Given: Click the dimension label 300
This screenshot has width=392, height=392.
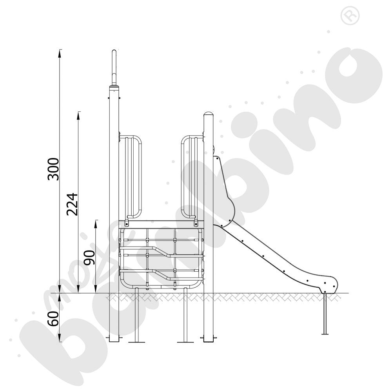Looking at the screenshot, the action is tap(53, 169).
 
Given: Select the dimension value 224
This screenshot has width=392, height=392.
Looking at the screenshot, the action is tap(72, 204).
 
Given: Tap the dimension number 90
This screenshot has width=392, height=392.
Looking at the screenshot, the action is tap(89, 258).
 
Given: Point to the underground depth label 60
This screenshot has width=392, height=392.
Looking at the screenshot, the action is tap(53, 318).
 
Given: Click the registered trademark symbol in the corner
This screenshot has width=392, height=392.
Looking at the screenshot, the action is tap(350, 16).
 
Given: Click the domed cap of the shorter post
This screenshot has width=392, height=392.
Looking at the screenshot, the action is tap(209, 114).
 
